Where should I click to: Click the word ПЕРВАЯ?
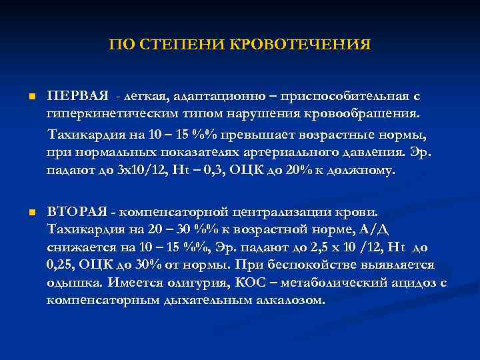(x=73, y=96)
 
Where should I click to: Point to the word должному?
(x=363, y=169)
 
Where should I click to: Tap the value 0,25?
(x=61, y=265)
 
